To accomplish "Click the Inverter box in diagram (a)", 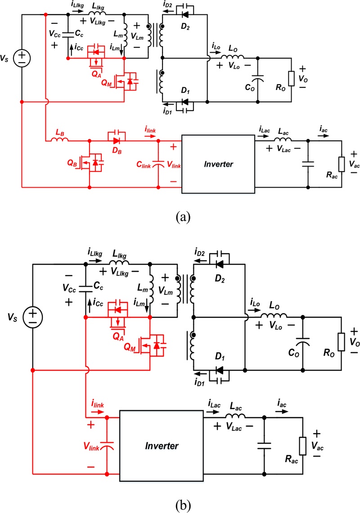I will [x=217, y=164].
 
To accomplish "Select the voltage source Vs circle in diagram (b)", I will [x=32, y=316].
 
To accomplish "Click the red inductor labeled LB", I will [x=60, y=141].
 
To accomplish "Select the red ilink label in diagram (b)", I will [x=97, y=405].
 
